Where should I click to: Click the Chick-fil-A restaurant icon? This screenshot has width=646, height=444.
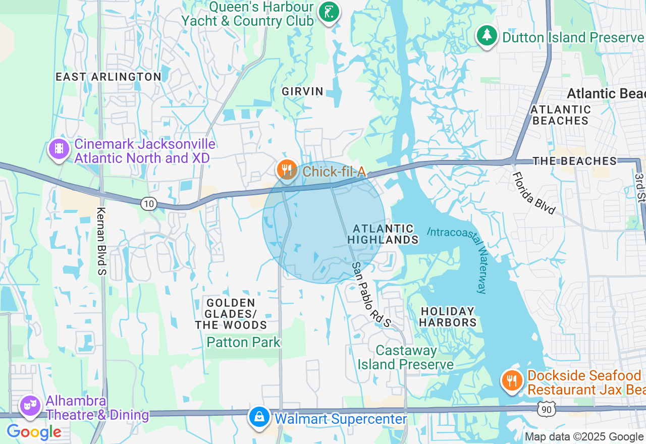click(287, 169)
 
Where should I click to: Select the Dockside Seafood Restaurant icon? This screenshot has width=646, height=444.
click(512, 380)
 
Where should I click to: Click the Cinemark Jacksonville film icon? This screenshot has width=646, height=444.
click(60, 149)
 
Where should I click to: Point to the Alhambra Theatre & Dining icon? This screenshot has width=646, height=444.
click(30, 405)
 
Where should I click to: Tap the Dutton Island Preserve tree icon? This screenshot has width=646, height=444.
click(487, 35)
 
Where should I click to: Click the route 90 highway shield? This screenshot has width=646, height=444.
click(547, 409)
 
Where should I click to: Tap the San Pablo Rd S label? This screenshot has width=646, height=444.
click(371, 294)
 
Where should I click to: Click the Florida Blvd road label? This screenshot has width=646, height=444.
click(533, 193)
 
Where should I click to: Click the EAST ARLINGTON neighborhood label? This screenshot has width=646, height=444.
click(109, 77)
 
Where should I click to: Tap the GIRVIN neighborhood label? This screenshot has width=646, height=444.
click(302, 91)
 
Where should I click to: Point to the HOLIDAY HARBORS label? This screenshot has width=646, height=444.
click(448, 317)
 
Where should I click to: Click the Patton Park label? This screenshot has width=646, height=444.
click(243, 343)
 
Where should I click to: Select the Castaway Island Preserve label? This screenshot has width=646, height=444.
click(406, 357)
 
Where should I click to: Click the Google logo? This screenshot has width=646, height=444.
click(34, 432)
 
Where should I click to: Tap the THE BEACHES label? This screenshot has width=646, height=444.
click(575, 161)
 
